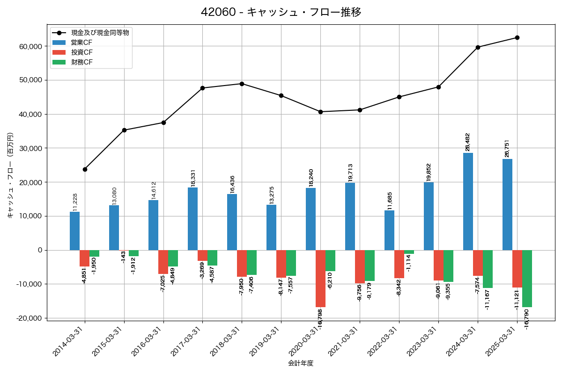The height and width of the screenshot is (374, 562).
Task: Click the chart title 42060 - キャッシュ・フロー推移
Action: [281, 12]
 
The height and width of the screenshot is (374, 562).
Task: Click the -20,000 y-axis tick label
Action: [29, 318]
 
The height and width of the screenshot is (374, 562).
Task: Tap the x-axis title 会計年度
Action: [301, 363]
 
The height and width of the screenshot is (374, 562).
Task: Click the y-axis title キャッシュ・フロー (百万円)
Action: [10, 176]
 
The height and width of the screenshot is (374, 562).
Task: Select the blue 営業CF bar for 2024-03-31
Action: [468, 201]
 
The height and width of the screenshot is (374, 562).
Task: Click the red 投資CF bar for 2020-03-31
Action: [320, 279]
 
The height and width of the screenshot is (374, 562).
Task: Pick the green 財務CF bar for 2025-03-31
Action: [527, 279]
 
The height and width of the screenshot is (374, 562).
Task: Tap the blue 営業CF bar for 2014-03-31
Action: [74, 231]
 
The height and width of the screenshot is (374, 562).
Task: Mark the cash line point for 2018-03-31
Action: [242, 84]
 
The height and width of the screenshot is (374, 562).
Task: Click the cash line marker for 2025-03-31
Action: [517, 37]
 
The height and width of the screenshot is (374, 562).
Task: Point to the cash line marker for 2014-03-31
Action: [85, 169]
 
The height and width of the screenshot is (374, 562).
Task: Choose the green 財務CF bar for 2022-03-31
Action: [409, 252]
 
